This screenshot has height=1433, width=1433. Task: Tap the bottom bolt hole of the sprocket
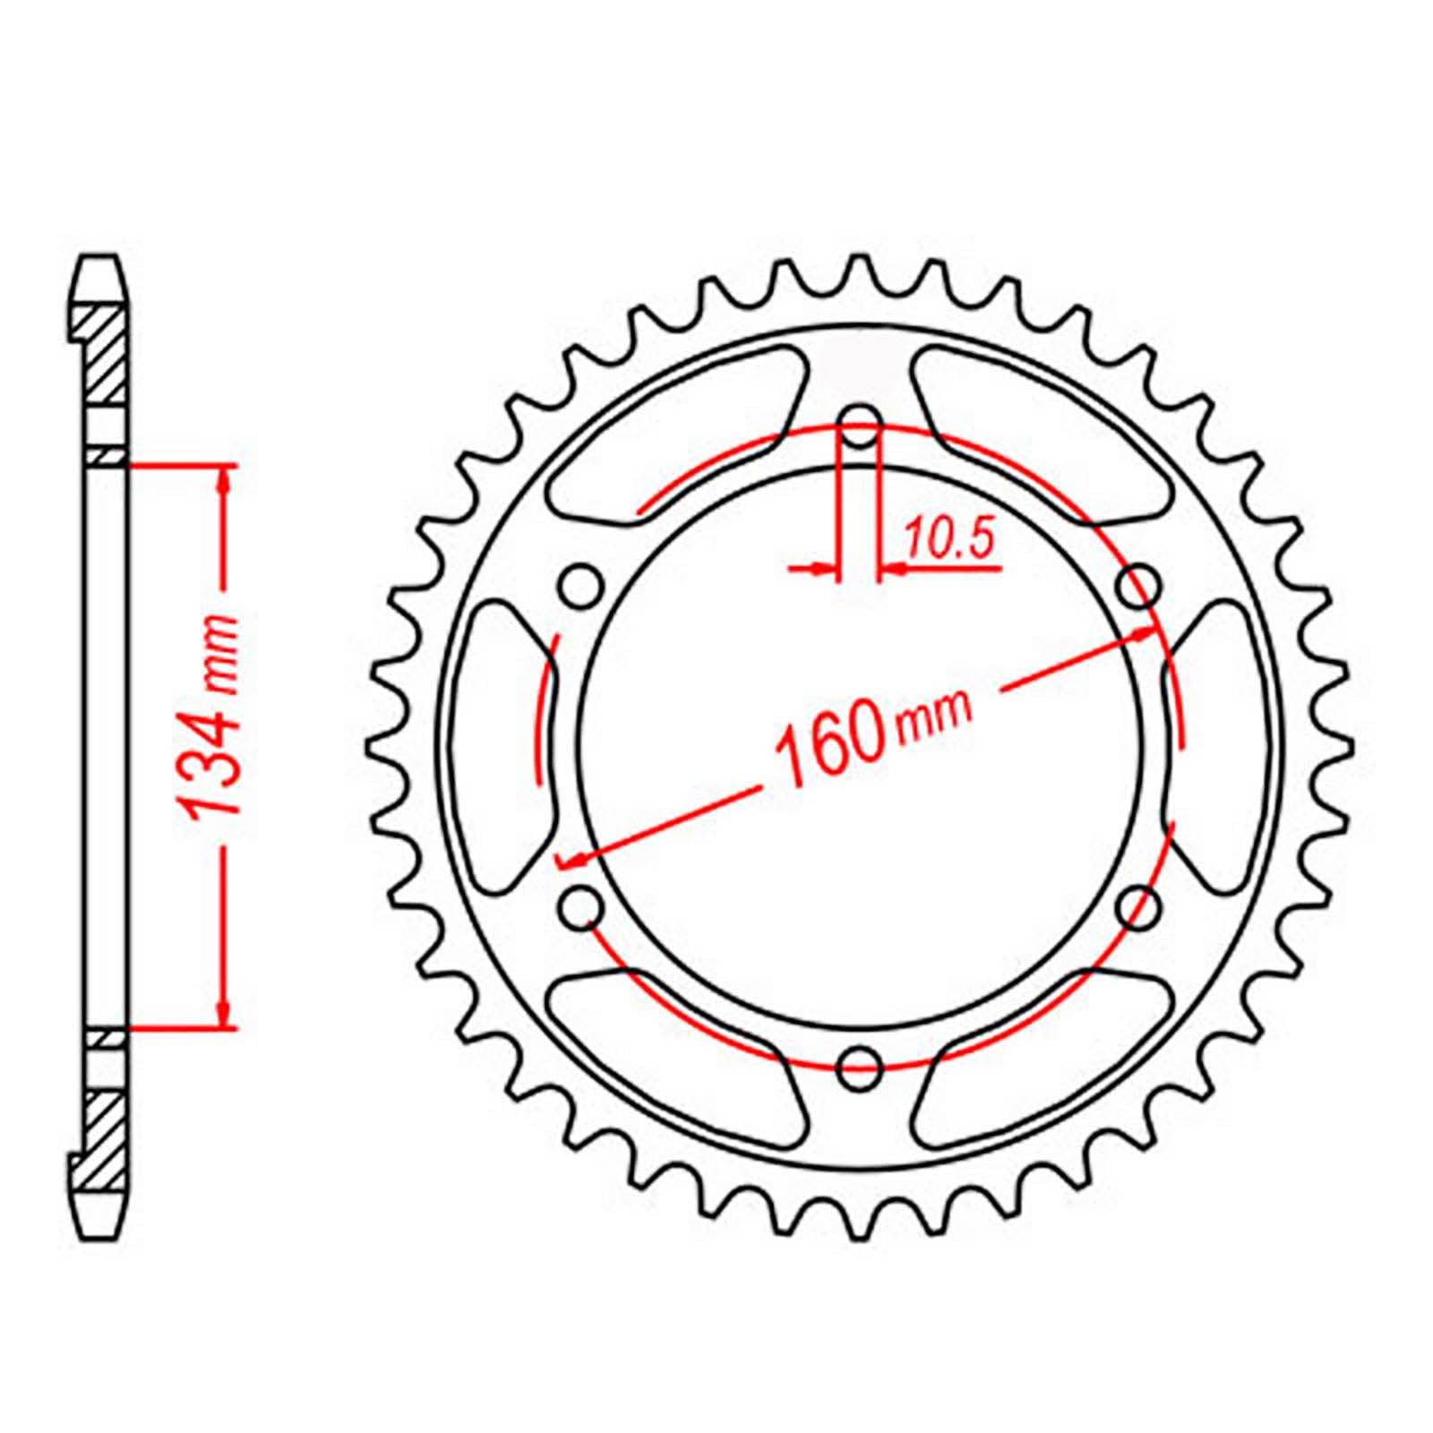tap(861, 1063)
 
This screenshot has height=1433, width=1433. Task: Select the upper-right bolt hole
tap(1140, 587)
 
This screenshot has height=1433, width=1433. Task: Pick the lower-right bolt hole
tap(1140, 906)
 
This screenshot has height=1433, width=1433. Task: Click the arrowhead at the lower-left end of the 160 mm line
tap(573, 861)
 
